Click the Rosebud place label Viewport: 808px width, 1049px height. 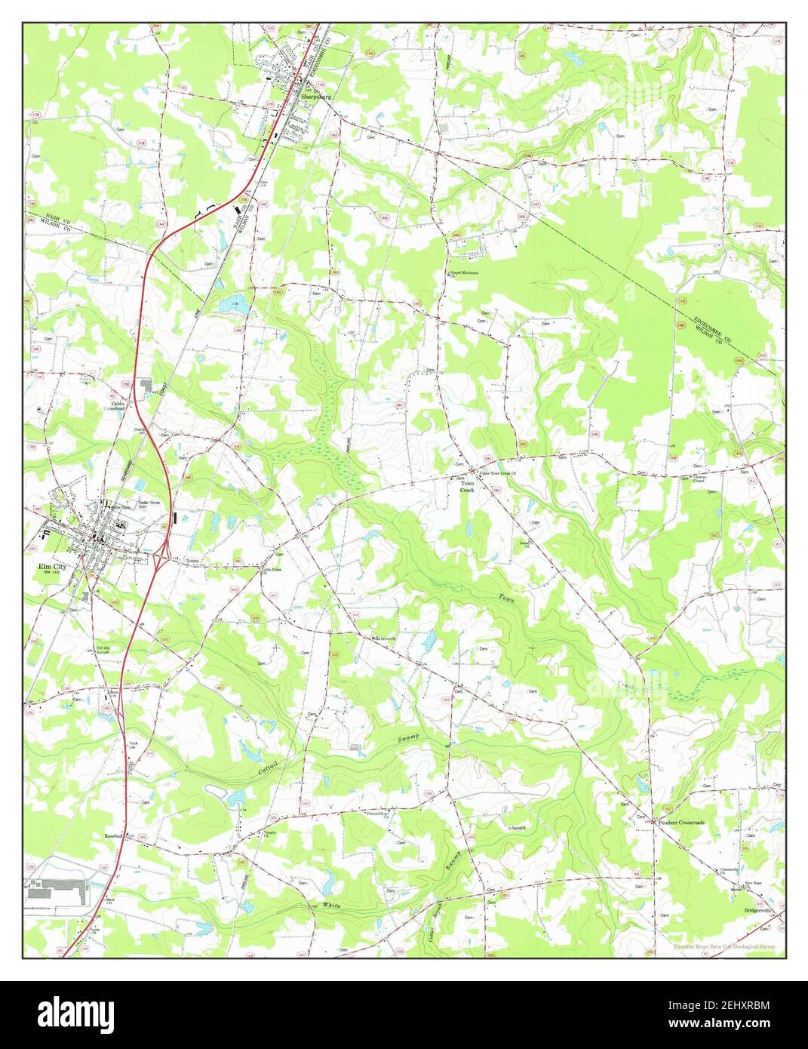tap(114, 836)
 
